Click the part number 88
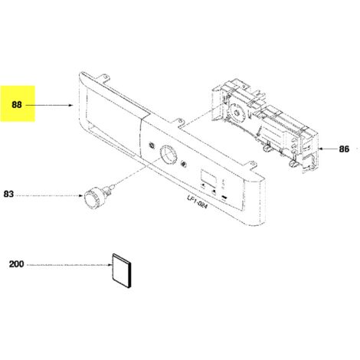point(17,105)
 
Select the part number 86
point(344,149)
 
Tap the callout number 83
point(8,194)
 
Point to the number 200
point(17,264)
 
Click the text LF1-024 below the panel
point(197,202)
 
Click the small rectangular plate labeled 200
point(122,271)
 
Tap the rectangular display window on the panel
point(208,178)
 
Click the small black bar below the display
point(225,198)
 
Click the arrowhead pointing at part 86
point(320,149)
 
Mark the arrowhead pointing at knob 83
point(81,196)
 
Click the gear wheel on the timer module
point(237,112)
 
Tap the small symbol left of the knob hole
point(152,146)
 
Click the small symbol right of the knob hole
point(184,164)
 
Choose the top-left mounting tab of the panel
point(105,77)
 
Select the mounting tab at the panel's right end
point(251,164)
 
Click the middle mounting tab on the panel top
point(180,123)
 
